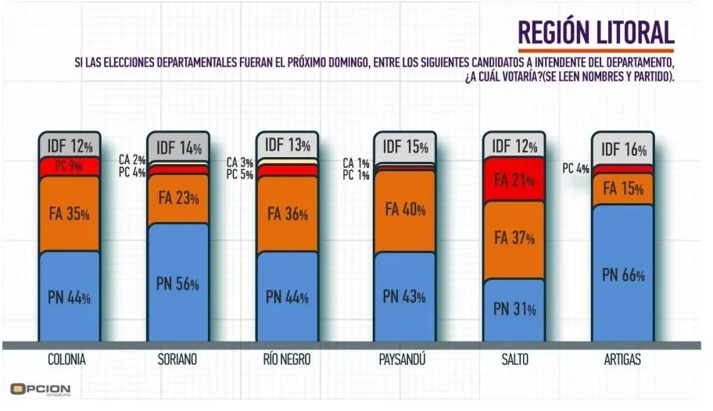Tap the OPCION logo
pyautogui.click(x=41, y=388)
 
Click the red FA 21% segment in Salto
pyautogui.click(x=514, y=180)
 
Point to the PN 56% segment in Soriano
pyautogui.click(x=178, y=283)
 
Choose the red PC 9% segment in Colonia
pyautogui.click(x=70, y=166)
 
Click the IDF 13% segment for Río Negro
pyautogui.click(x=288, y=145)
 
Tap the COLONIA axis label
pyautogui.click(x=68, y=360)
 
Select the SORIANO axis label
pyautogui.click(x=177, y=360)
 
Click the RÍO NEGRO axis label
pyautogui.click(x=287, y=360)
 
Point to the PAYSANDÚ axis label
pyautogui.click(x=404, y=360)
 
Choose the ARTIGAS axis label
pyautogui.click(x=623, y=360)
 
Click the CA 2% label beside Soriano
pyautogui.click(x=131, y=160)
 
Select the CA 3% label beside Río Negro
pyautogui.click(x=239, y=163)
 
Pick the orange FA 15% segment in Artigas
pyautogui.click(x=623, y=189)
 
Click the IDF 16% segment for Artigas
pyautogui.click(x=623, y=148)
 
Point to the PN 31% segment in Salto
pyautogui.click(x=514, y=309)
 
